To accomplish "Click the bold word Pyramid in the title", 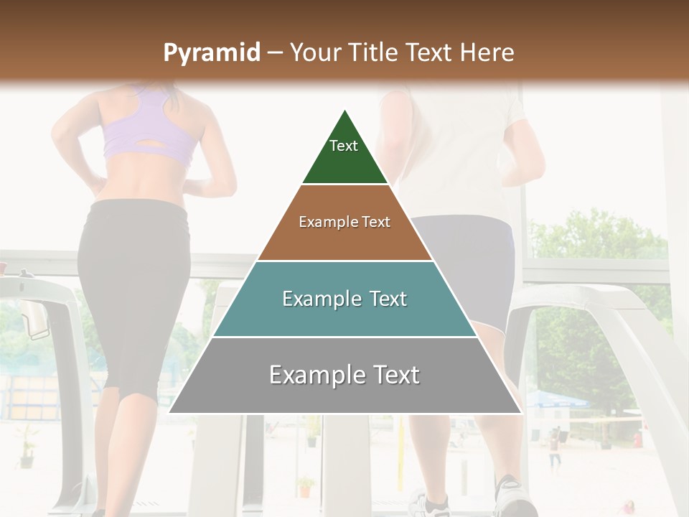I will (x=212, y=52).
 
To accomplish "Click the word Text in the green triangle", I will (x=344, y=146).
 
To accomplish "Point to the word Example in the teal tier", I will (x=316, y=299).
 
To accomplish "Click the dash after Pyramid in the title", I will (x=275, y=52).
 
